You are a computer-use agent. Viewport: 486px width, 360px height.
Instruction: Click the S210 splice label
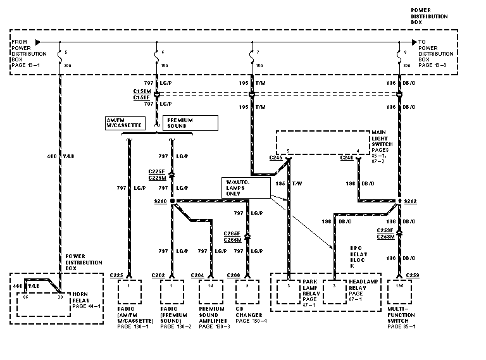(160, 201)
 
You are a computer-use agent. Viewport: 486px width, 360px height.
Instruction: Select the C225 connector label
(116, 275)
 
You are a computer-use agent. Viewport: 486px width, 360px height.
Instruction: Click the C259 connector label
(413, 275)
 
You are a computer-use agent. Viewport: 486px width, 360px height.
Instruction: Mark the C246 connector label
(346, 157)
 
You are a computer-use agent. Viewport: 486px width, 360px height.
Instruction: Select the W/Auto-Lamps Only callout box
(244, 187)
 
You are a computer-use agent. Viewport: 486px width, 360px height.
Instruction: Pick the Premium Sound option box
(190, 122)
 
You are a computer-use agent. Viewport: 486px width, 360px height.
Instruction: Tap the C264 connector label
(196, 275)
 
